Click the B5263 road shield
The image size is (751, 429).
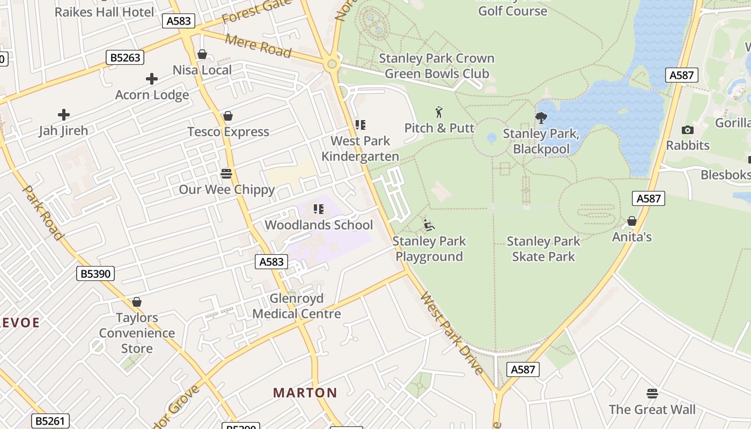[125, 57]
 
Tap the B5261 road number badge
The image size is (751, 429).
[50, 421]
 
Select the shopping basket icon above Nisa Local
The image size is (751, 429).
[202, 54]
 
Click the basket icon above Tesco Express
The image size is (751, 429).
[228, 116]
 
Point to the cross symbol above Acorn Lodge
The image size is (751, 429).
[152, 79]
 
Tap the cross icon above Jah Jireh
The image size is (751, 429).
[64, 114]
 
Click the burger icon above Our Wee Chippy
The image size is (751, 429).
[226, 173]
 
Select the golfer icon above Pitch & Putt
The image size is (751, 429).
[439, 112]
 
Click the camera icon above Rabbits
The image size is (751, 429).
[687, 130]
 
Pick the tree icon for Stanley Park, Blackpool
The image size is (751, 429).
[541, 117]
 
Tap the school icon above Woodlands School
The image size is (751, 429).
[319, 209]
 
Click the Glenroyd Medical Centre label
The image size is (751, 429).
[297, 306]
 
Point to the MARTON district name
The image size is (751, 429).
[305, 393]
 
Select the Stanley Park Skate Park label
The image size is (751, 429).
[543, 249]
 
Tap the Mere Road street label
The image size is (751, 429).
[258, 46]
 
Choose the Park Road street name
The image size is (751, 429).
[43, 212]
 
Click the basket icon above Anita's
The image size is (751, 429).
[632, 221]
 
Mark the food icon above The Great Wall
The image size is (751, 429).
[652, 394]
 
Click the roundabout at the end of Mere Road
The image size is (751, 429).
[332, 65]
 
